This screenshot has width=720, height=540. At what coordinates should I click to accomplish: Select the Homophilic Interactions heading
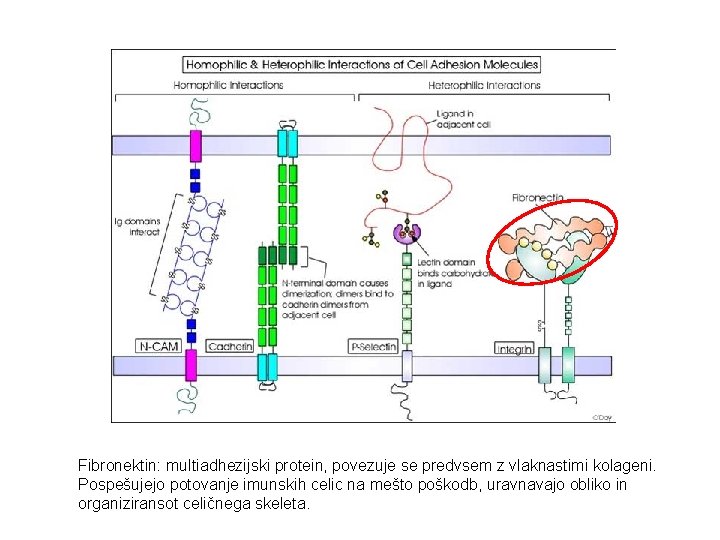point(229,86)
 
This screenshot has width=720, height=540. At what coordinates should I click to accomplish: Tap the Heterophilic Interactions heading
point(488,86)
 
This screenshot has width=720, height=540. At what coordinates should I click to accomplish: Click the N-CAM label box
point(158,347)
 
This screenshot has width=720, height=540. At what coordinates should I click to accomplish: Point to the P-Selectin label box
point(373,347)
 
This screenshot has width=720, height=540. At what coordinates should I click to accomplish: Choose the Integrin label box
point(514,349)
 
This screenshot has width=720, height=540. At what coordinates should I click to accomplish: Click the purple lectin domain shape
point(406,234)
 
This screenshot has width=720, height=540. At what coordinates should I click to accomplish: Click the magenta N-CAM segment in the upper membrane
point(194,145)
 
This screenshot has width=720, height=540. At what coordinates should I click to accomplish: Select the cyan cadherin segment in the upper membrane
point(288,145)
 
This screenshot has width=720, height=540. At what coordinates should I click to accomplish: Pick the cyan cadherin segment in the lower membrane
point(267,367)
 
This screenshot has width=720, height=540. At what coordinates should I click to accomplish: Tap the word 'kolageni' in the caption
point(626,465)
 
